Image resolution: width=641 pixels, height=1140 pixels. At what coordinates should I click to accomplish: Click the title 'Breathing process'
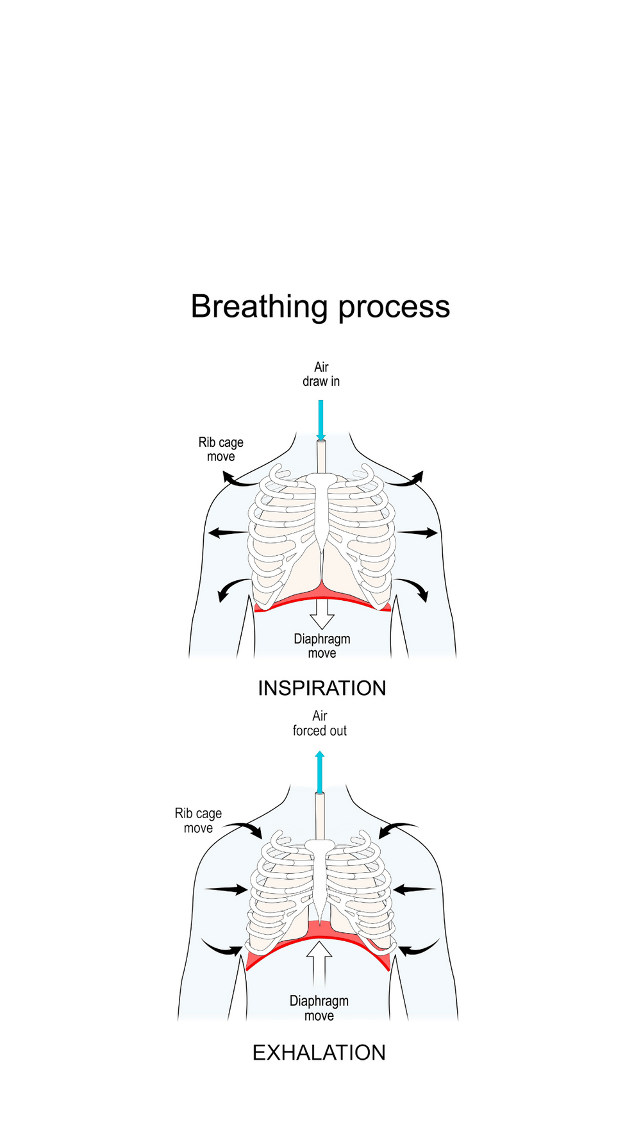320,306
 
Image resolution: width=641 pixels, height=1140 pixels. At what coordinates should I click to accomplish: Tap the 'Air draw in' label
321,374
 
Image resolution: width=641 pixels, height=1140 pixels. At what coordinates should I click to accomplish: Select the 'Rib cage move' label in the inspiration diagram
221,449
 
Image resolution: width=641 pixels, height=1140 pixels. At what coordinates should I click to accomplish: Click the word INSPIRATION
322,688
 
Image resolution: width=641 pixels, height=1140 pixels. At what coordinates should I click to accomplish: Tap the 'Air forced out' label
320,723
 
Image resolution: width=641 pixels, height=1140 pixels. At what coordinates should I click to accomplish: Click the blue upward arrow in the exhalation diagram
320,772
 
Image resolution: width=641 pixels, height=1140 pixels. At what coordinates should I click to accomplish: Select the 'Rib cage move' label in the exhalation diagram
198,821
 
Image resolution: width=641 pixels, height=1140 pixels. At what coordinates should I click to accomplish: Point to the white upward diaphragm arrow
319,962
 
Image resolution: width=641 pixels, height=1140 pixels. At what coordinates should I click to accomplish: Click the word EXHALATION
319,1053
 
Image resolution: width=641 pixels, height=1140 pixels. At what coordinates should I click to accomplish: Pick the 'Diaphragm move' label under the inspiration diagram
322,646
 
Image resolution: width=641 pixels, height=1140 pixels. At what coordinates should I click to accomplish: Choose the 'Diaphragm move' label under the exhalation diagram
319,1009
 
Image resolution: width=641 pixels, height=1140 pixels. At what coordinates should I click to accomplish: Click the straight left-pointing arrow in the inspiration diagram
228,533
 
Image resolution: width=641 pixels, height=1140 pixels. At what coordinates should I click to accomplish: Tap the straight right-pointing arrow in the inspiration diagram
417,532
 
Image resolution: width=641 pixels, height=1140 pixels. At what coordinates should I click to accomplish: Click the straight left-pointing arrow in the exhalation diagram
414,889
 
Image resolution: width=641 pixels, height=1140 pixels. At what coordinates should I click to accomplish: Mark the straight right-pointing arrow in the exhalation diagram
226,889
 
